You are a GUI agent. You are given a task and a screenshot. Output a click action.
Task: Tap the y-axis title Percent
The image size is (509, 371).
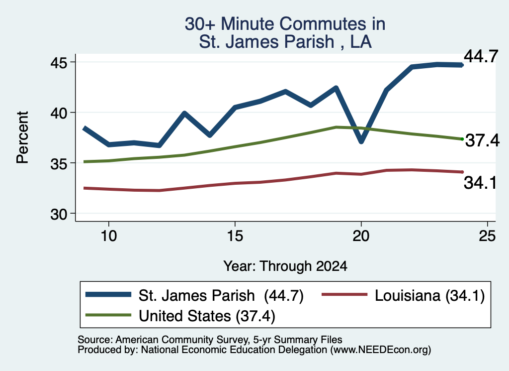[x=22, y=137]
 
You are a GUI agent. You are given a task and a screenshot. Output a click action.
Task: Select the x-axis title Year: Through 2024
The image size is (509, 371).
[x=285, y=266]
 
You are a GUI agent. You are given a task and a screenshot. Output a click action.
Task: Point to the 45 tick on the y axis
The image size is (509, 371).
[x=59, y=62]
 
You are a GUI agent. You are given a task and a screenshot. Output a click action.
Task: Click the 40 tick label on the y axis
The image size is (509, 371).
[x=59, y=113]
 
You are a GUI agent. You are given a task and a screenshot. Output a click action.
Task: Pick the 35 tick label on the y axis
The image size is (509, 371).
[x=59, y=163]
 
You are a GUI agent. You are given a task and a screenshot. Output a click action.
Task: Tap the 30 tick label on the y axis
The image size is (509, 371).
[x=59, y=214]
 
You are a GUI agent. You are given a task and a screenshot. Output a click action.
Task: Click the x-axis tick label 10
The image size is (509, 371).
[x=109, y=236]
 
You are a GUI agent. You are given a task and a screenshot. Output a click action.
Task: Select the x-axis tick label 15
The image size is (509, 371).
[x=235, y=236]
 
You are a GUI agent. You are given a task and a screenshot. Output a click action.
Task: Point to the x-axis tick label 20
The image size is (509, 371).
[x=361, y=236]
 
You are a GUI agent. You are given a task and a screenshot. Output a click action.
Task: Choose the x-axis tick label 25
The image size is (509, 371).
[x=487, y=236]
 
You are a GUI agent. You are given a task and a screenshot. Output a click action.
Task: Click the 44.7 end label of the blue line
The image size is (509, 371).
[x=481, y=56]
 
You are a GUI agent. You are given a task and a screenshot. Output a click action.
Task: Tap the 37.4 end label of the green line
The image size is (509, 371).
[x=482, y=140]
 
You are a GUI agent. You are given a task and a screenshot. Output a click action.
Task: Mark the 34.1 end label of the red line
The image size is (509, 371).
[x=480, y=182]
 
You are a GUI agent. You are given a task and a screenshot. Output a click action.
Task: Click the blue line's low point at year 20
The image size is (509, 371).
[x=361, y=141]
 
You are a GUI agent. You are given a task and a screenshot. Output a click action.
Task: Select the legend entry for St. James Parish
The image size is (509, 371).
[x=194, y=295]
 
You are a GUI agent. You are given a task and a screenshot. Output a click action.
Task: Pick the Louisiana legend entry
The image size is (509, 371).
[x=403, y=295]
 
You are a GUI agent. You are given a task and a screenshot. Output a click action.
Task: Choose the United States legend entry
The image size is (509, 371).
[x=180, y=316]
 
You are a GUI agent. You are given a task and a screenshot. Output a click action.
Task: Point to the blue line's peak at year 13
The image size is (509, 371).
[x=184, y=113]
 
